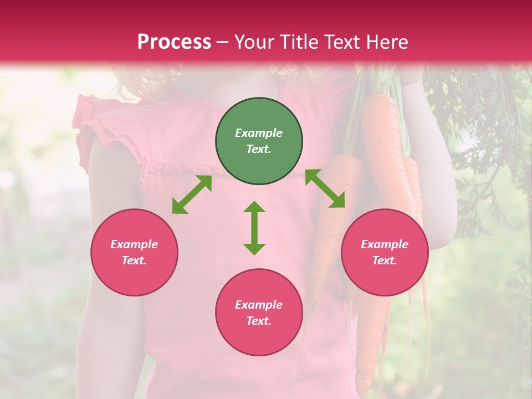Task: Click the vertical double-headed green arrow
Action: (x=254, y=228)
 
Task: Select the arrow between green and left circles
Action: (x=192, y=195)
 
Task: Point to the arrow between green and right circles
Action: (x=325, y=188)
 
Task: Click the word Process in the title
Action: (x=174, y=42)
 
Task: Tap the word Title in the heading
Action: (x=300, y=42)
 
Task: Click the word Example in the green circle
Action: (x=259, y=133)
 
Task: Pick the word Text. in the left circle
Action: (x=134, y=260)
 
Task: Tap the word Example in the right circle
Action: (x=385, y=244)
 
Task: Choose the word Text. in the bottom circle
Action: (x=259, y=321)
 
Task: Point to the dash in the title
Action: (x=222, y=43)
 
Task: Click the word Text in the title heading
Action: (x=344, y=42)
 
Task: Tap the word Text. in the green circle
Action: (x=259, y=149)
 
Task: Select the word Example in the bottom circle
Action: (x=259, y=305)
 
